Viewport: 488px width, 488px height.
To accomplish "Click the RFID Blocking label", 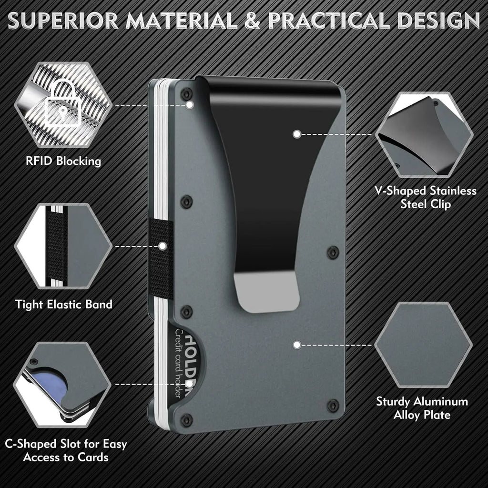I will coord(63,161).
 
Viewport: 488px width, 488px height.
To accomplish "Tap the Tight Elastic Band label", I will coord(63,304).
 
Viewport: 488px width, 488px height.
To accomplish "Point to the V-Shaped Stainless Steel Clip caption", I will coord(425,197).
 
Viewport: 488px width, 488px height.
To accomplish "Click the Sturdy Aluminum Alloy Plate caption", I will coord(422,408).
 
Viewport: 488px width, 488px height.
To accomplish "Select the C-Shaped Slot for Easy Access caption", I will coord(66,451).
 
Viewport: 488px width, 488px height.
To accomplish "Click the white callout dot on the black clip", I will coord(296,134).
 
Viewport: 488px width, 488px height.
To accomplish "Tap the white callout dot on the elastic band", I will coord(163,246).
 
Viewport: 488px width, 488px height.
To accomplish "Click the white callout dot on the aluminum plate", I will coord(296,344).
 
